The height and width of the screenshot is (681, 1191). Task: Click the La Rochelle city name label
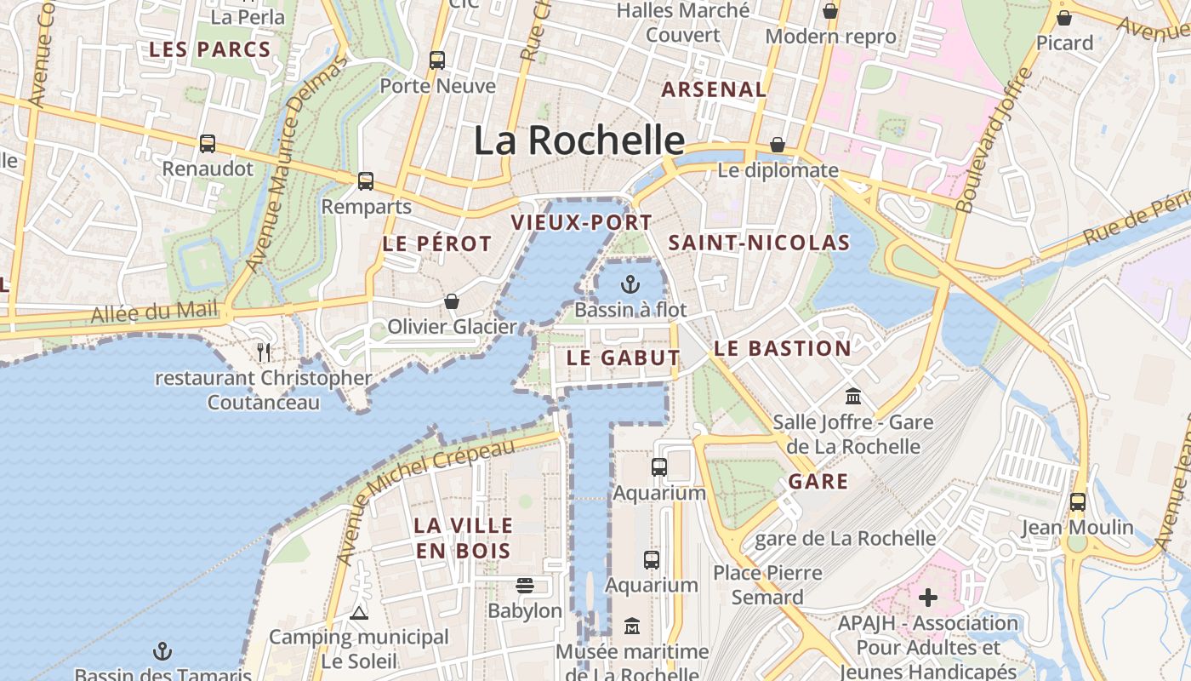pos(578,140)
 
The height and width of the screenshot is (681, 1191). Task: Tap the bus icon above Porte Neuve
pos(437,60)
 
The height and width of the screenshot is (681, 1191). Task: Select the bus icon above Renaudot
pos(208,144)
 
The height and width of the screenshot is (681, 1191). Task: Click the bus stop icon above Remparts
pos(366,181)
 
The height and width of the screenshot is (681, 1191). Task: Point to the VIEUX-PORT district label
pos(581,223)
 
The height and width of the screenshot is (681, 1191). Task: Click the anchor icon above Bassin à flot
pos(630,283)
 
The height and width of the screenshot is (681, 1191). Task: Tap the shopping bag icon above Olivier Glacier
pos(452,301)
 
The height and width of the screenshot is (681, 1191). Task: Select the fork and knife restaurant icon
pos(264,352)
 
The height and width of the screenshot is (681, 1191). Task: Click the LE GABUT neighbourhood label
pos(623,358)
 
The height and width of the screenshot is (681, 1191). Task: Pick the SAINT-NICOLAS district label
pos(759,243)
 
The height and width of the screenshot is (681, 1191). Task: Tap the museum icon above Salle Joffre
pos(853,397)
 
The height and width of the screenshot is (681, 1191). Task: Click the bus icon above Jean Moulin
pos(1078,502)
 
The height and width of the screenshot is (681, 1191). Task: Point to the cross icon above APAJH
pos(928,598)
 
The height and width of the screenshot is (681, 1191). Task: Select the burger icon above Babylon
pos(525,586)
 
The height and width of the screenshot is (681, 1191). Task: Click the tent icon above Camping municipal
pos(359,612)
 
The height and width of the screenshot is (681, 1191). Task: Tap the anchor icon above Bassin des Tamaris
pos(162,652)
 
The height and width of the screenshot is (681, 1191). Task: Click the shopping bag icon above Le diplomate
pos(778,145)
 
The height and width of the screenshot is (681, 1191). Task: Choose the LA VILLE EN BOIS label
pos(464,538)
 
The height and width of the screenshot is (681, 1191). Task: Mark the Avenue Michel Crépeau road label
pos(426,501)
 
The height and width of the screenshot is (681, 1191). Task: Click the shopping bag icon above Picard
pos(1064,17)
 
